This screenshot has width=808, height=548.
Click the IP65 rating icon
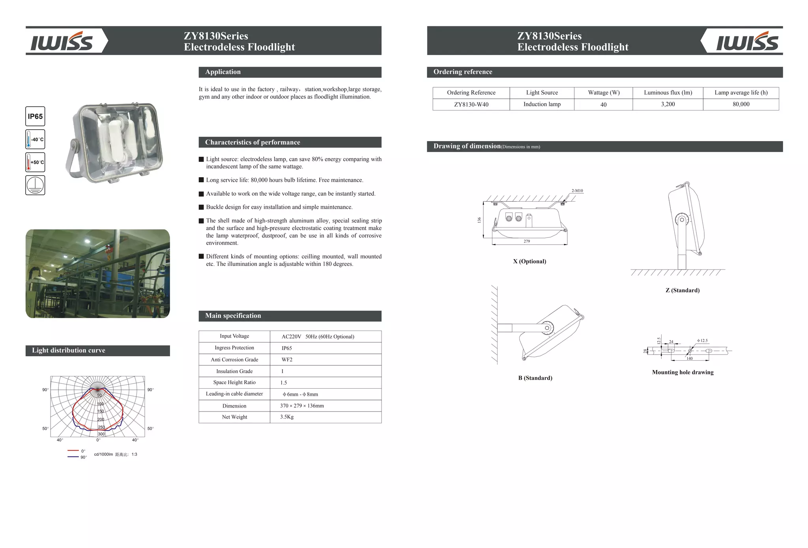pos(35,116)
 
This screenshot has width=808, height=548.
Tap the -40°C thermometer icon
pos(35,139)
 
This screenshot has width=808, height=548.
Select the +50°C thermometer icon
pos(35,162)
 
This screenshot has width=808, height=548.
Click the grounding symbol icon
pos(35,185)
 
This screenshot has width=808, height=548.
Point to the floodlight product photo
pos(114,143)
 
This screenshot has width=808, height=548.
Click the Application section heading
pos(223,72)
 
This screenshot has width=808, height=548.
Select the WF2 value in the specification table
pos(287,359)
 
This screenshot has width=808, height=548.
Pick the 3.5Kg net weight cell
pos(287,417)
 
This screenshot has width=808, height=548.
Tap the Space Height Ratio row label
pos(234,382)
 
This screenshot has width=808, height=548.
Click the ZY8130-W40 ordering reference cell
pos(471,105)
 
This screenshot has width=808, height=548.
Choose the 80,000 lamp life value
pos(741,104)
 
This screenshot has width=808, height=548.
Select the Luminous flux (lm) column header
pos(668,93)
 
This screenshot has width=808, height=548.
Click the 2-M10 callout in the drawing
pos(577,191)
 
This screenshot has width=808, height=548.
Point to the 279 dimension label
pos(527,241)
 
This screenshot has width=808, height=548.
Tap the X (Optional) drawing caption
pos(529,261)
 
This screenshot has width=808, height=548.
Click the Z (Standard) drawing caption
pos(683,290)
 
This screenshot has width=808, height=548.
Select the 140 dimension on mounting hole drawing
pos(689,358)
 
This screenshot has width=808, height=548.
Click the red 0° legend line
pos(73,450)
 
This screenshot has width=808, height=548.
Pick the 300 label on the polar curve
pos(101,434)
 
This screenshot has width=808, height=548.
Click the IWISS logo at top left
pos(62,41)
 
